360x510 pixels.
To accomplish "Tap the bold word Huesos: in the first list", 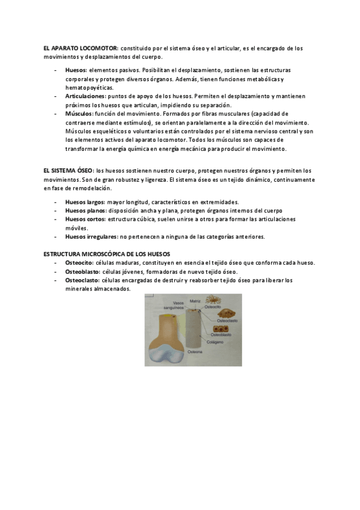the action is pyautogui.click(x=76, y=70).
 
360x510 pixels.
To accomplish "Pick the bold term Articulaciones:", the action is pyautogui.click(x=85, y=96).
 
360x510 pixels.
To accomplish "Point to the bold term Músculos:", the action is pyautogui.click(x=79, y=113).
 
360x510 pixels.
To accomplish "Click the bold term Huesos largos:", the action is pyautogui.click(x=85, y=202).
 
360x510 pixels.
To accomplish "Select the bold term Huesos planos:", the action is pyautogui.click(x=86, y=210).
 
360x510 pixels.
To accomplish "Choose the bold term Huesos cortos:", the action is pyautogui.click(x=85, y=220).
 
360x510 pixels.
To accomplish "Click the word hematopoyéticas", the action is pyautogui.click(x=89, y=88).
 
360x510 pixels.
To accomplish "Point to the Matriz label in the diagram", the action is pyautogui.click(x=195, y=301).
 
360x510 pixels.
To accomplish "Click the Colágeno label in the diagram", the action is pyautogui.click(x=215, y=342).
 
